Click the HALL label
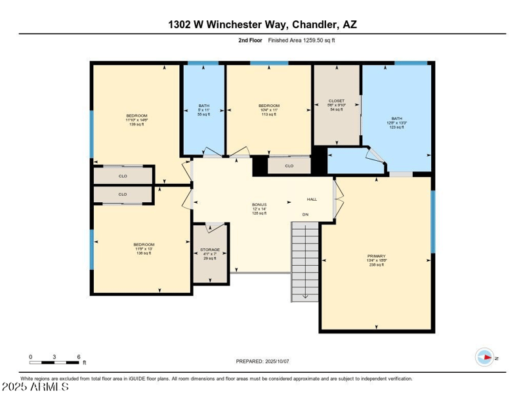tap(312, 200)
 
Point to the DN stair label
tap(305, 215)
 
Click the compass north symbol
tap(485, 358)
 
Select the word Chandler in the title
tap(314, 25)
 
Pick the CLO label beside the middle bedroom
tap(289, 166)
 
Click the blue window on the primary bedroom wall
tap(432, 221)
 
